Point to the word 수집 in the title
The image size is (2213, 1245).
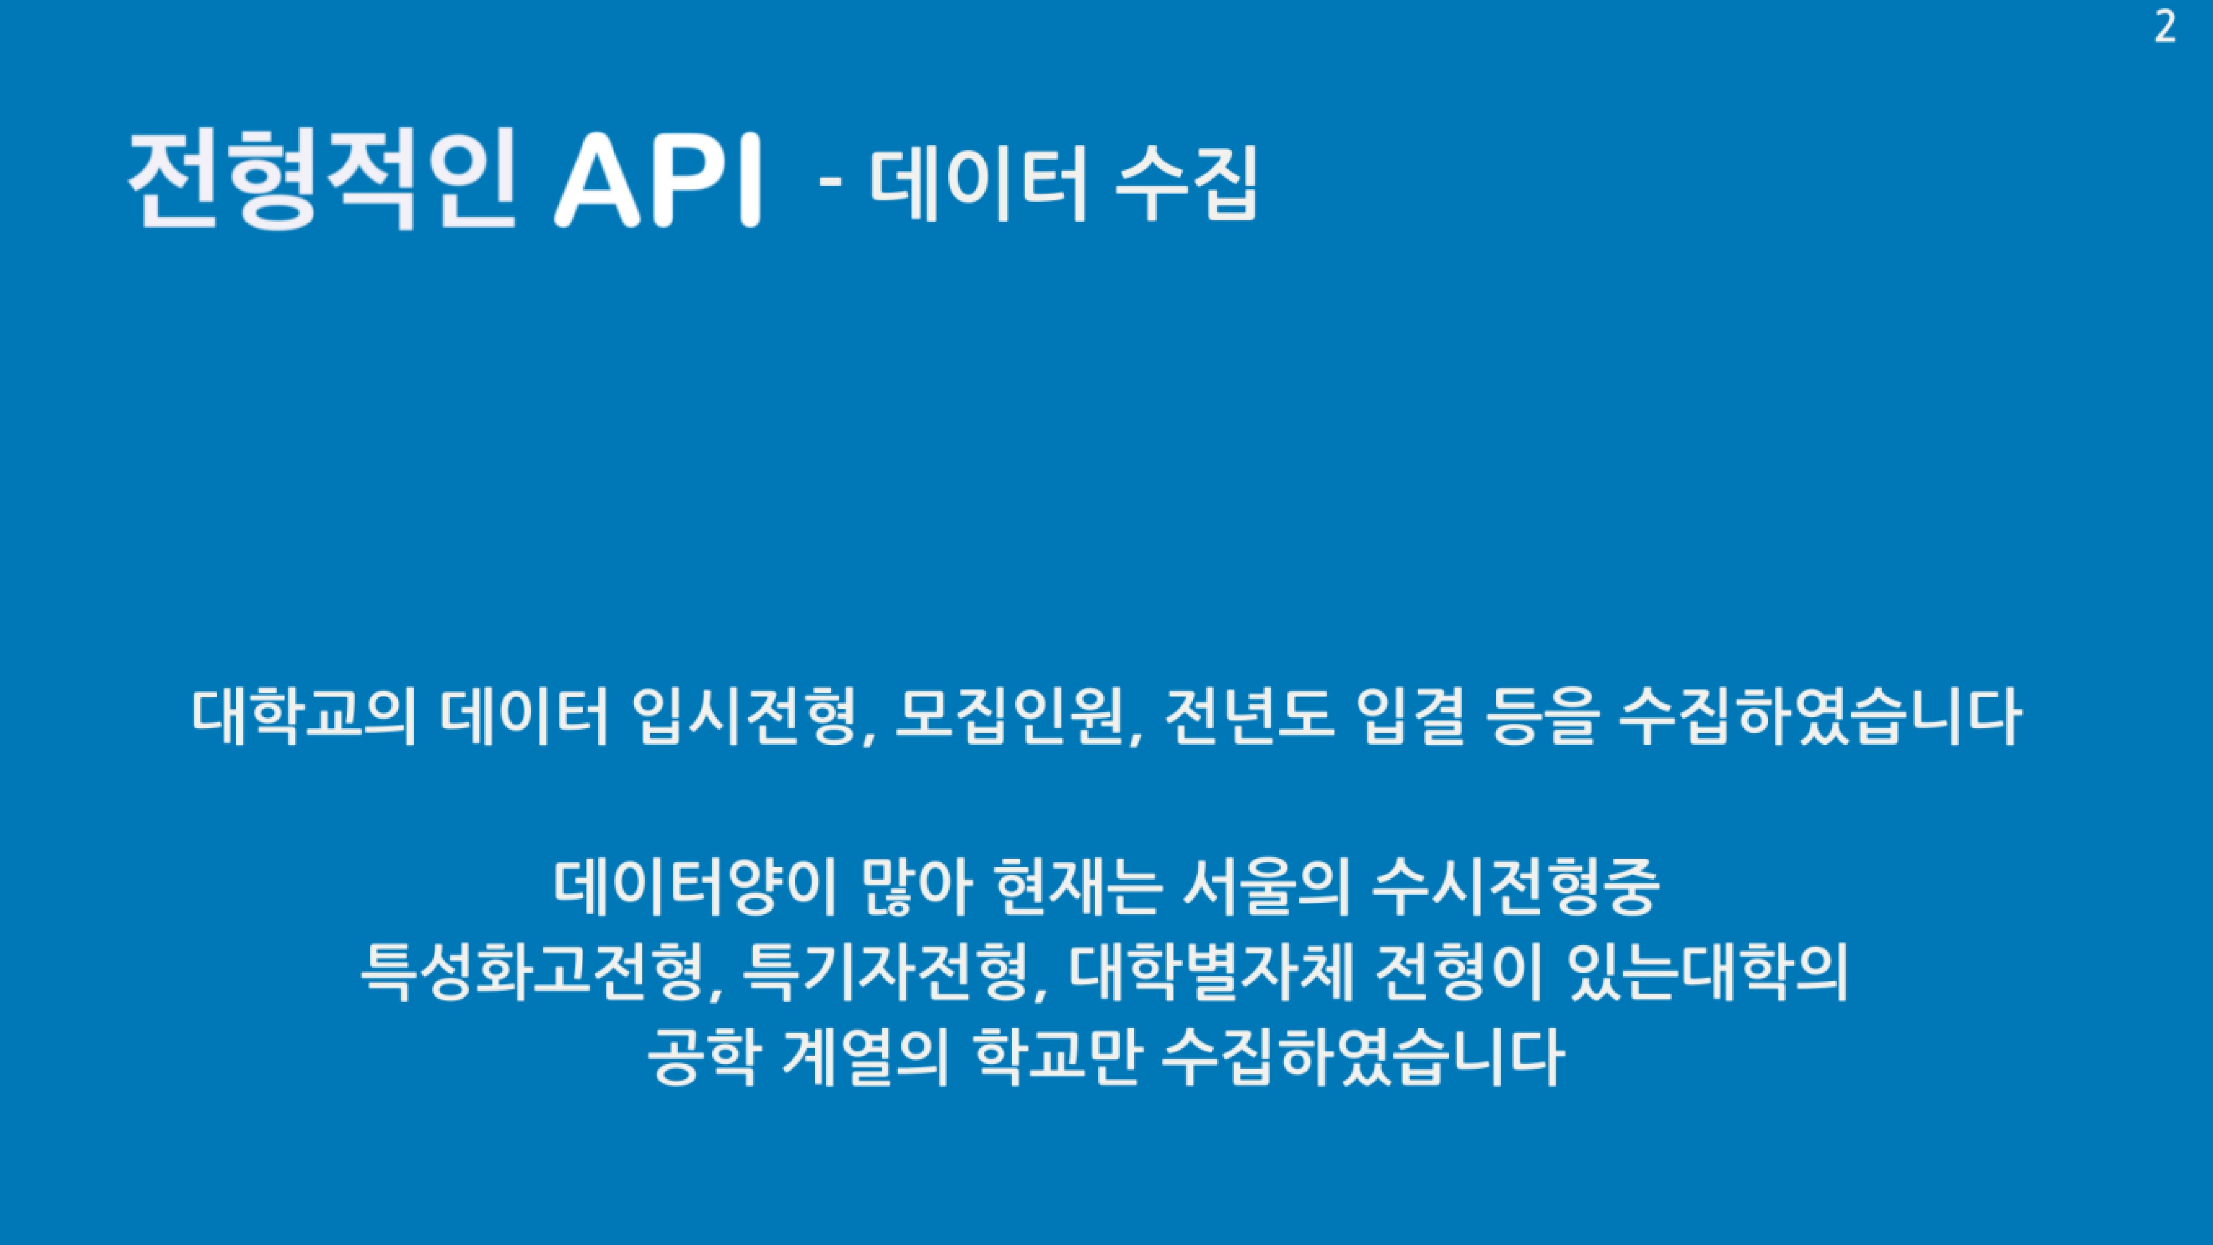tap(1186, 183)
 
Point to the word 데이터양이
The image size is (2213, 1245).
tap(695, 889)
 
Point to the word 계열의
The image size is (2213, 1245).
tap(865, 1060)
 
